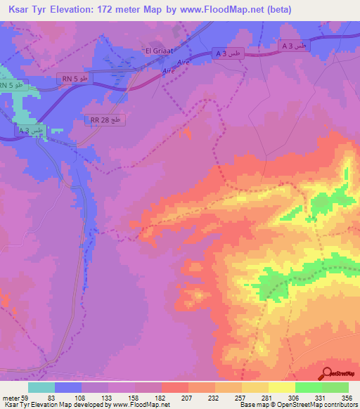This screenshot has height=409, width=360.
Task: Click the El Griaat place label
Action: [157, 51]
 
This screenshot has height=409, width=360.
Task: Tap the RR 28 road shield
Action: [105, 121]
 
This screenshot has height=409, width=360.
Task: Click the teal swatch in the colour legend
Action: [41, 387]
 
